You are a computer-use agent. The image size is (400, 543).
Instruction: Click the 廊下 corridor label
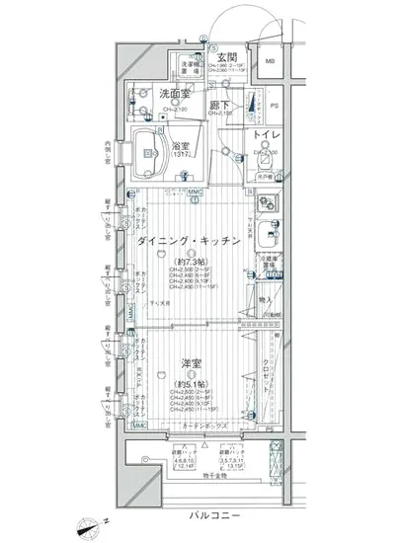[x=221, y=105]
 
